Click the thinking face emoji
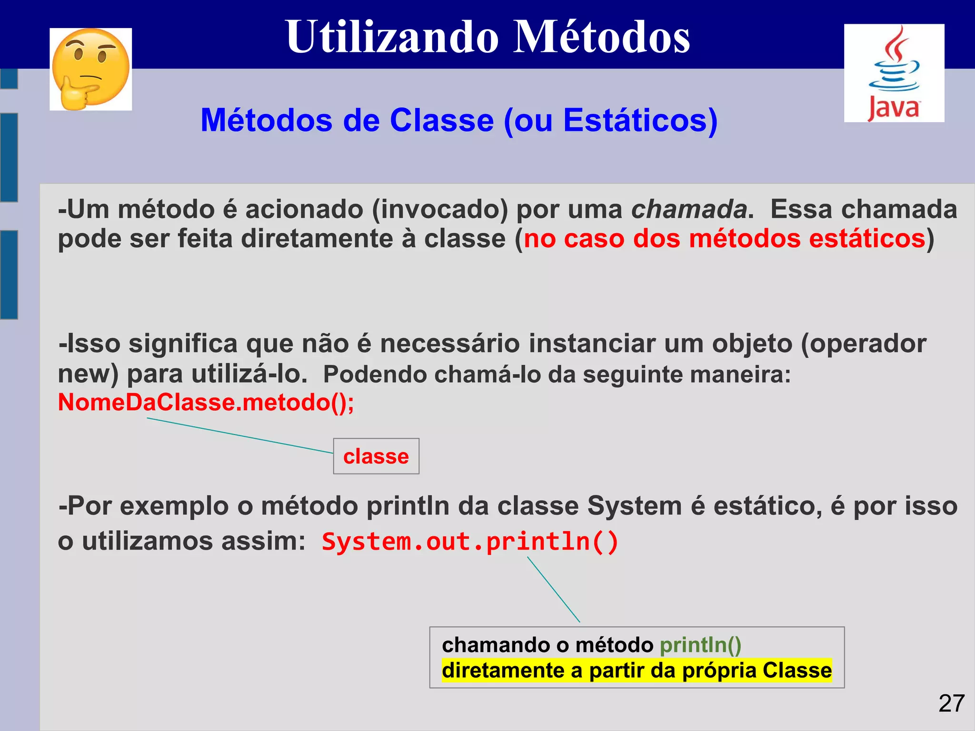(x=90, y=69)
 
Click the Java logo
(x=894, y=73)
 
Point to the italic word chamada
(x=689, y=209)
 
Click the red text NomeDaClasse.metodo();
(x=206, y=403)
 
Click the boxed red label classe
(x=376, y=456)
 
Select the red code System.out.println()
(x=469, y=542)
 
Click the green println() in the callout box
(x=700, y=645)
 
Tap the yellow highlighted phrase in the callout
(x=636, y=671)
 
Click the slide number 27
(x=951, y=703)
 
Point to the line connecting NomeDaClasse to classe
(x=238, y=435)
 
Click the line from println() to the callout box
(x=553, y=589)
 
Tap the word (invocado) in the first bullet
(x=439, y=209)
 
